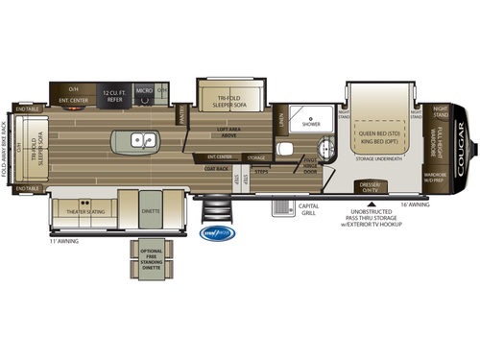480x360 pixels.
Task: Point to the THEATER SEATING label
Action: pos(84,210)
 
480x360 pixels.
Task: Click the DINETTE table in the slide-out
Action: pos(151,207)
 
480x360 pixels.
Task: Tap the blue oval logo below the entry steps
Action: pos(213,230)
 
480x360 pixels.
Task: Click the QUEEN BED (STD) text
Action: pos(379,126)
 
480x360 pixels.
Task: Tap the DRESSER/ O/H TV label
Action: pos(371,184)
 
